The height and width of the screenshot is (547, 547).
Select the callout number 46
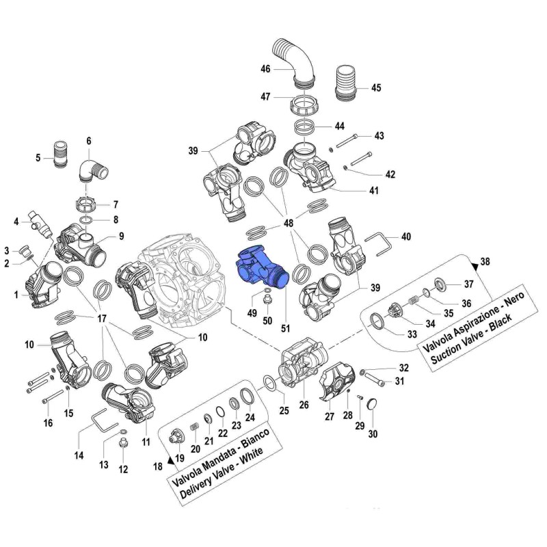[x=265, y=69]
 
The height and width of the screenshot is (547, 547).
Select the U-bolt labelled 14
[x=102, y=416]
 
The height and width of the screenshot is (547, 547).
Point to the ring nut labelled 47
[x=304, y=106]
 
